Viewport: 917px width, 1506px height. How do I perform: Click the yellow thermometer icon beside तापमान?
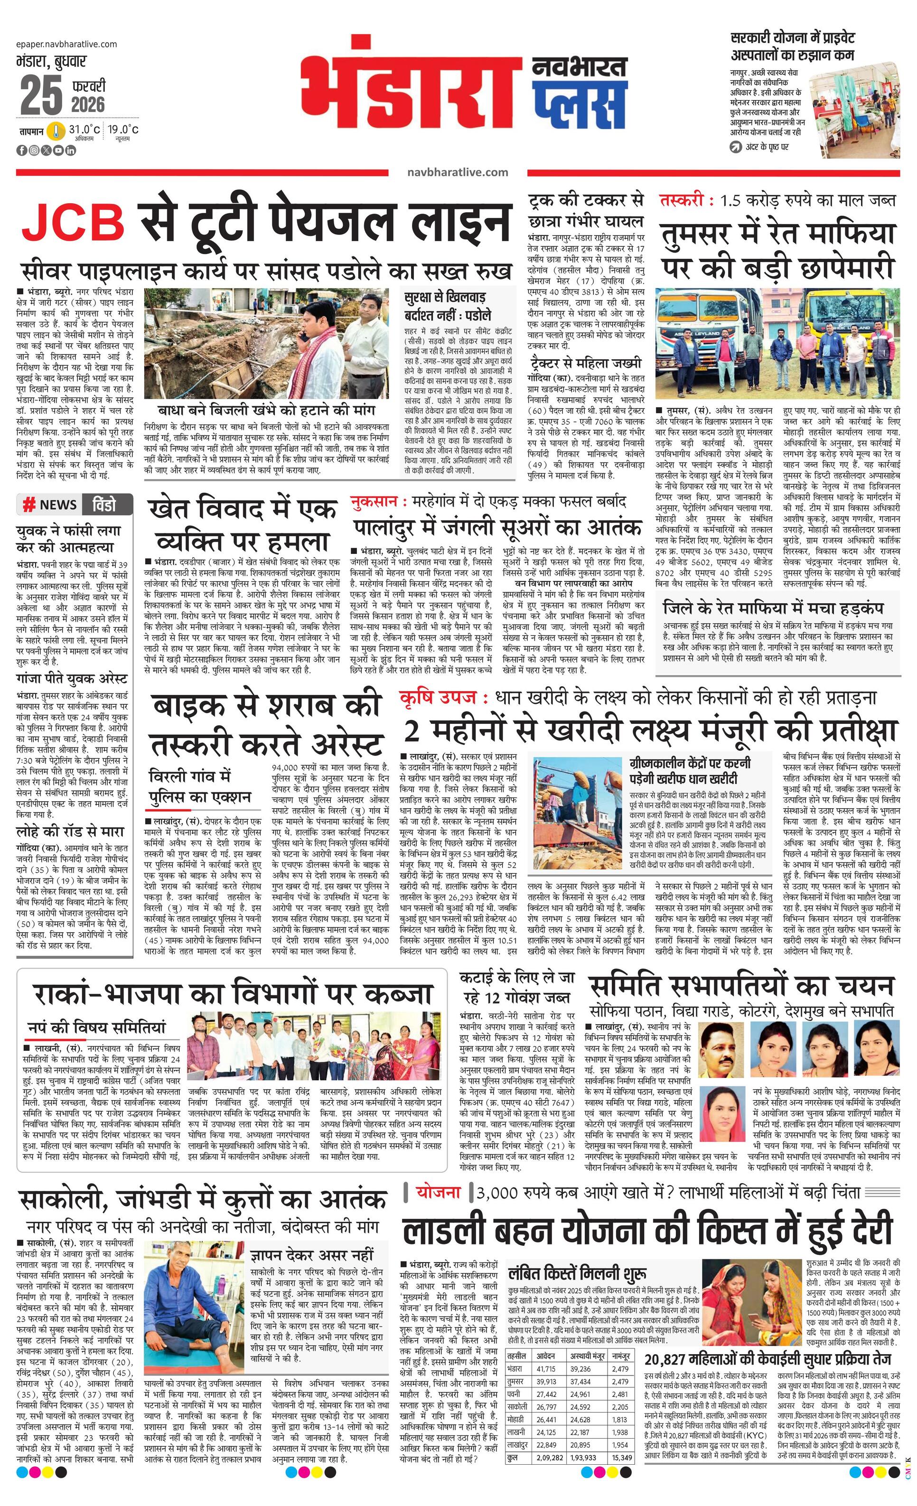tap(56, 131)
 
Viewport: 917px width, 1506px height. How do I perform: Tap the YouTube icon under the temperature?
tap(58, 150)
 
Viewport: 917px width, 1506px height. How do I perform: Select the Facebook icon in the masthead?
tap(22, 150)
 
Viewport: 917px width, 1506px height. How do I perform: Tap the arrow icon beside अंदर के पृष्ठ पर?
tap(735, 147)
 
